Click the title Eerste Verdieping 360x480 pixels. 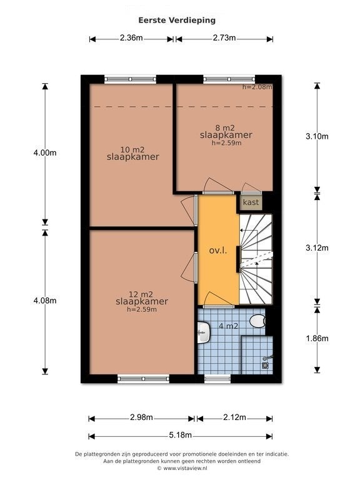177,20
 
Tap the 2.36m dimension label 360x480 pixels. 131,38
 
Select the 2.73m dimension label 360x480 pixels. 224,38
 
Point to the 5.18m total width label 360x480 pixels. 180,435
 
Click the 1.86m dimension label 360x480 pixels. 317,338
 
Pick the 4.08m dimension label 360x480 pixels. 45,301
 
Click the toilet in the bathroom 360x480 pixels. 257,321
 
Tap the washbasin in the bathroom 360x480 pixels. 204,332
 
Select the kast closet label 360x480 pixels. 251,202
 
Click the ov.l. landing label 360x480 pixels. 218,251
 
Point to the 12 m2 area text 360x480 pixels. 141,294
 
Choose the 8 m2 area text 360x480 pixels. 225,128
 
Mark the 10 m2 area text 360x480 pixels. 132,150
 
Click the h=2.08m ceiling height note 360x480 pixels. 257,87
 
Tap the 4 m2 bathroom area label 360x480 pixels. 228,326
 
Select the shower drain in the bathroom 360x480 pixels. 265,365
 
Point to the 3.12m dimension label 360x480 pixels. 317,247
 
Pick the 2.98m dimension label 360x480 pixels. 141,417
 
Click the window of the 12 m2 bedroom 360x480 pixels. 144,379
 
